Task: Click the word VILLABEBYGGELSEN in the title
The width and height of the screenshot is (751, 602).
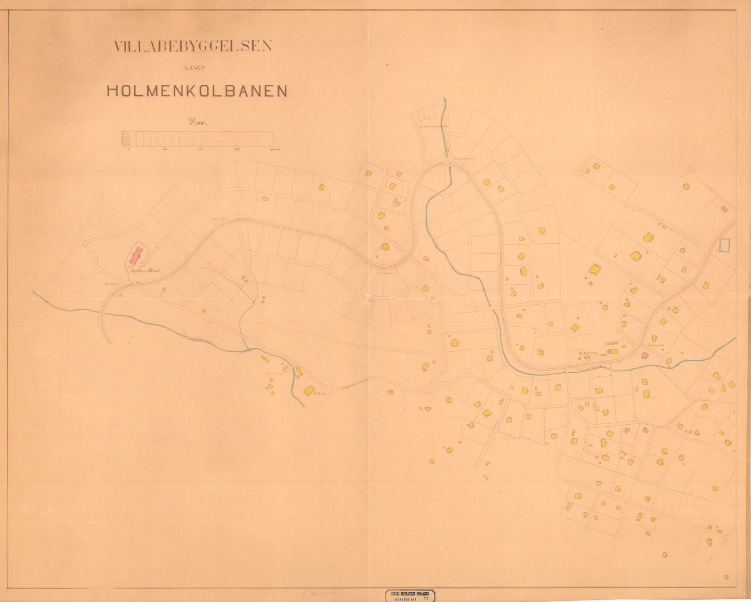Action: click(193, 46)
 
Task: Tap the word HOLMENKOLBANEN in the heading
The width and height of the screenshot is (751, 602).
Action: click(197, 91)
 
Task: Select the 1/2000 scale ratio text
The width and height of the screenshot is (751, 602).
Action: click(198, 123)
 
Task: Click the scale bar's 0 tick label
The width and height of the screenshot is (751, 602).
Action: click(128, 150)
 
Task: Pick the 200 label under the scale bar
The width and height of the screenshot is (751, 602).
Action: click(201, 150)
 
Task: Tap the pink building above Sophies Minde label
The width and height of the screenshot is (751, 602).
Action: click(136, 255)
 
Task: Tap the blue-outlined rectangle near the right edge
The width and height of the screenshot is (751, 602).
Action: click(724, 245)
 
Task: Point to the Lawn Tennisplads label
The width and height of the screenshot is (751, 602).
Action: click(434, 126)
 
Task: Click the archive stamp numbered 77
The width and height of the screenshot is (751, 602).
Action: click(410, 596)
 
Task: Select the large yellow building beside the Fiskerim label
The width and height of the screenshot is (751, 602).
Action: click(309, 390)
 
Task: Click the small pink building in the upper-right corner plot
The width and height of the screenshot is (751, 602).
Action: click(724, 209)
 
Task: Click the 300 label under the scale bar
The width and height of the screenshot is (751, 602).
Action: click(237, 150)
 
